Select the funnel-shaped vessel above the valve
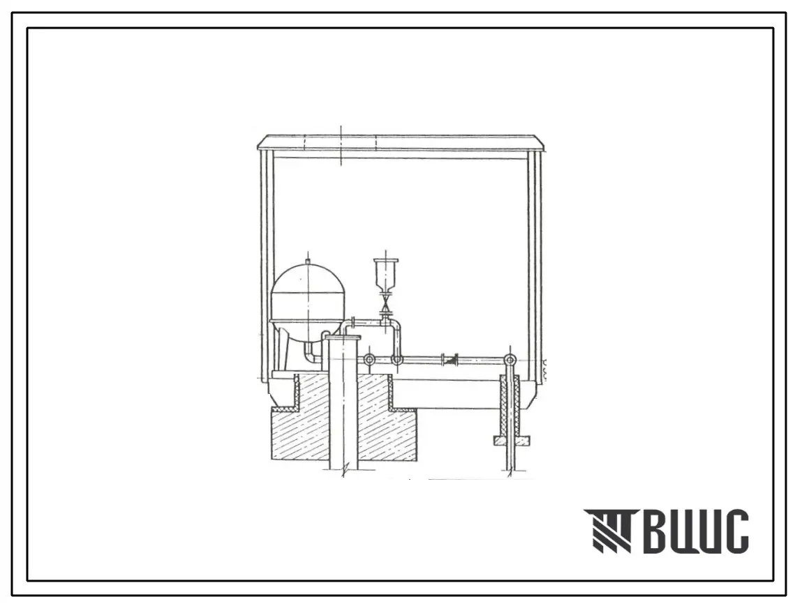click(386, 275)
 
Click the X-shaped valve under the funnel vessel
click(387, 303)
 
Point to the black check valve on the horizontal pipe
click(449, 360)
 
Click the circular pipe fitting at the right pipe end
click(510, 360)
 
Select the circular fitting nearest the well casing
click(370, 360)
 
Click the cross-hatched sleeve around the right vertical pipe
click(510, 405)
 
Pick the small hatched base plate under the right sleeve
click(512, 440)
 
